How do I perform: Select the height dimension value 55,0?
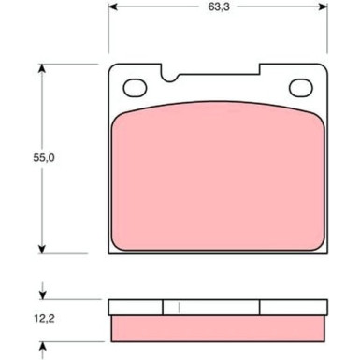click(18, 159)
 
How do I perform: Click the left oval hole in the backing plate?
click(135, 88)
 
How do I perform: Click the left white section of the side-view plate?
click(136, 307)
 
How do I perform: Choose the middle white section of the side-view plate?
click(211, 307)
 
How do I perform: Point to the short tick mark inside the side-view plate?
click(180, 307)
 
